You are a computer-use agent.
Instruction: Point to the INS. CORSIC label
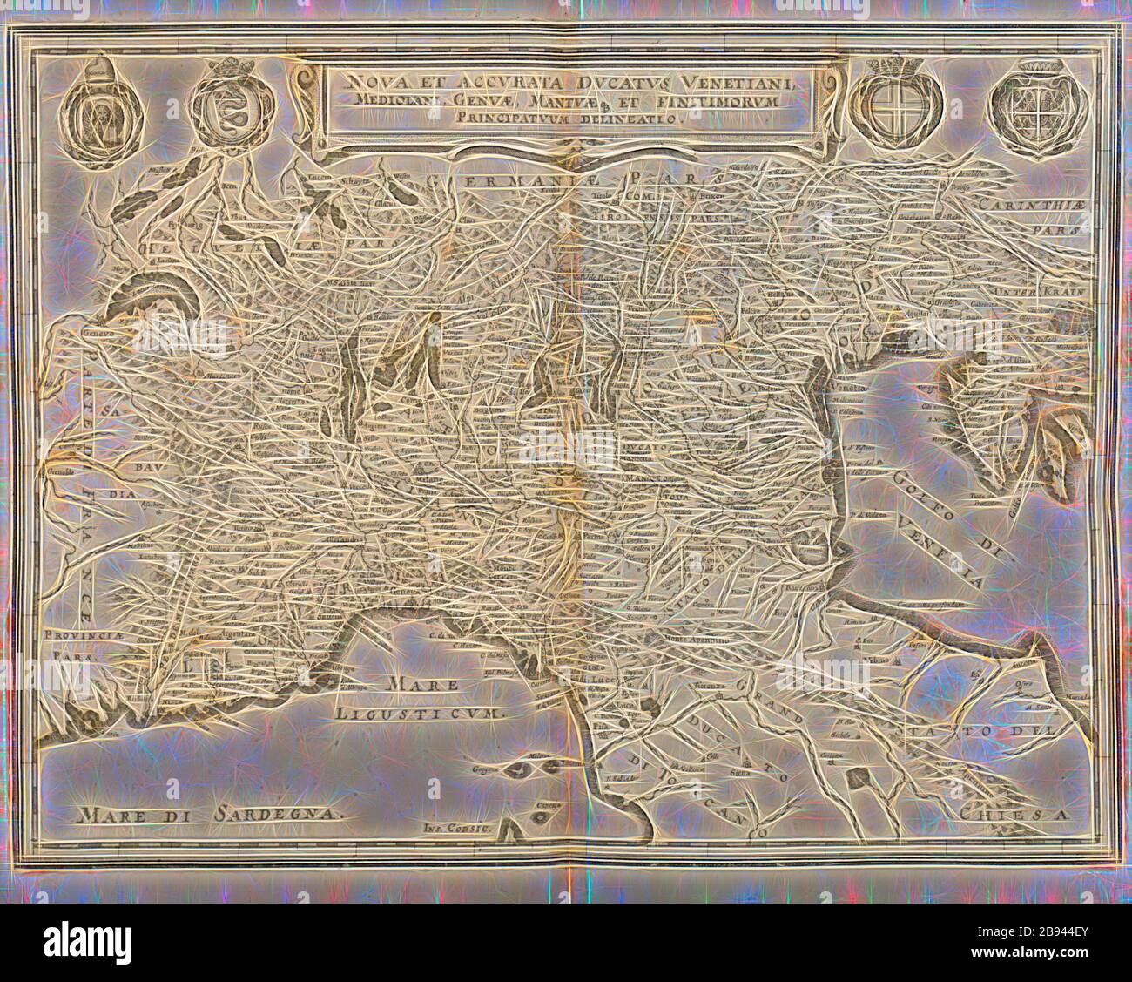pyautogui.click(x=456, y=820)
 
